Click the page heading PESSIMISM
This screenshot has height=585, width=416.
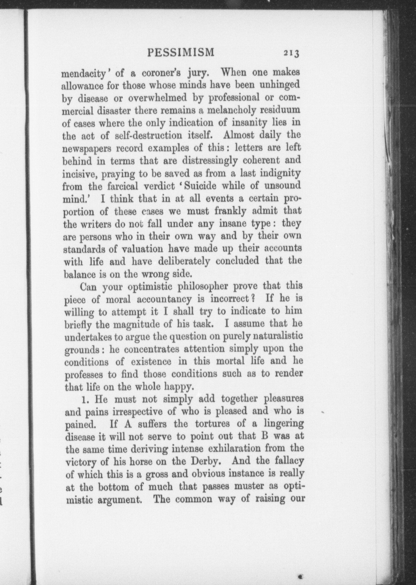(x=181, y=52)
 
